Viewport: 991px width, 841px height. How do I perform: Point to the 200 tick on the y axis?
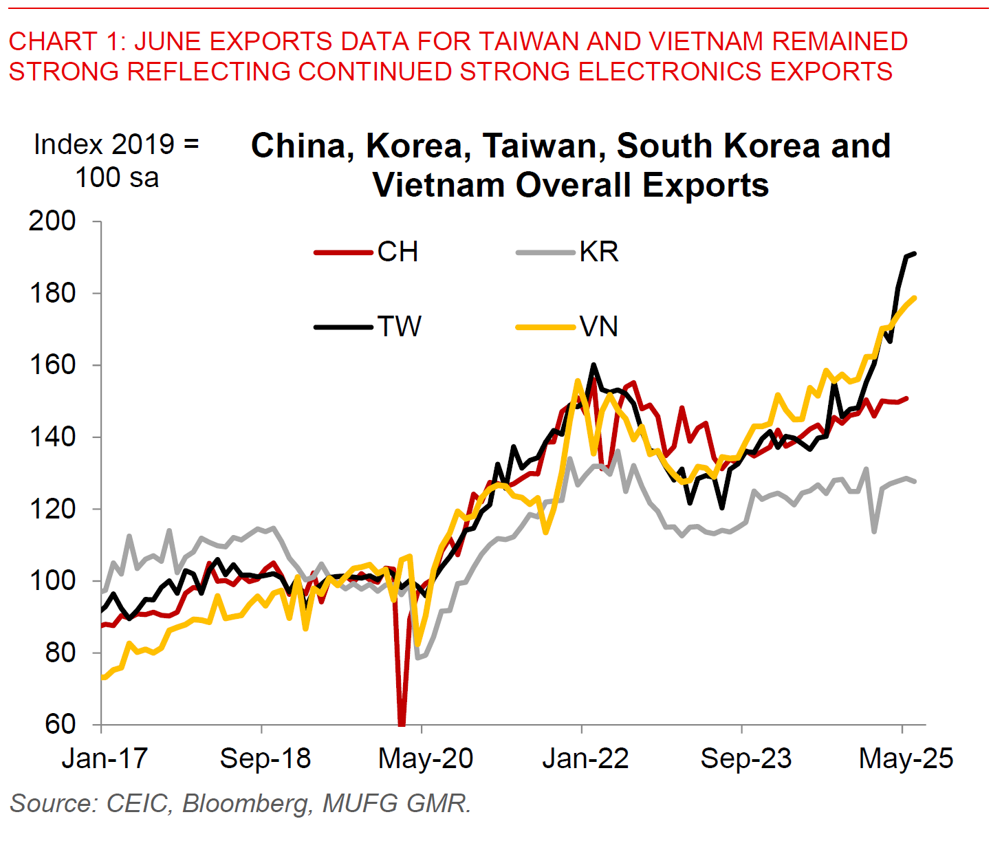coord(52,221)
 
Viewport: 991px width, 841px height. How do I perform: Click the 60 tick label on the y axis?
coord(61,724)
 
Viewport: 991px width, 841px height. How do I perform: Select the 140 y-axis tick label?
coord(52,437)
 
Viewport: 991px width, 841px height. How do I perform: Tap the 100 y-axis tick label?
coord(52,580)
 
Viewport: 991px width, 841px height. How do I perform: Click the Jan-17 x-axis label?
coord(105,758)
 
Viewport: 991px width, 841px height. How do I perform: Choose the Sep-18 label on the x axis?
coord(265,758)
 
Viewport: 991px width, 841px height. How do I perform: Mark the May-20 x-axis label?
coord(426,758)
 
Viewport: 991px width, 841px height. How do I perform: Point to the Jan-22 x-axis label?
coord(585,758)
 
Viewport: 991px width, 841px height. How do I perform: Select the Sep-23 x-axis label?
coord(746,758)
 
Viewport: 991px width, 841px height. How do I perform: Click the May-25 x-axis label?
coord(906,758)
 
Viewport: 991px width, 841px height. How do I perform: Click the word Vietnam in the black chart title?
coord(438,185)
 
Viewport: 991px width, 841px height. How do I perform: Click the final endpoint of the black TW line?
coord(915,254)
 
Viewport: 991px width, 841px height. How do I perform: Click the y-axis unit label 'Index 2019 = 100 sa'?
coord(117,161)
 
